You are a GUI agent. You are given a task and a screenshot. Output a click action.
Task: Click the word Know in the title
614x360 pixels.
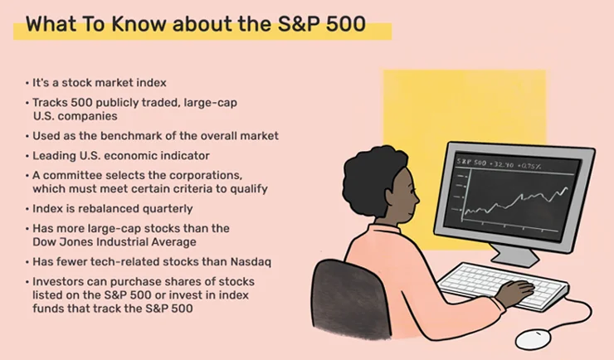139,24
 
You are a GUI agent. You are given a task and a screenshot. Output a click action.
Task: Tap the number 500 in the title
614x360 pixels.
346,24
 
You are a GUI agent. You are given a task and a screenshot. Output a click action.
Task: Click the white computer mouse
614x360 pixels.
533,339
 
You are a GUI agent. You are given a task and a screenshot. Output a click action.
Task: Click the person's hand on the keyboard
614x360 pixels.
515,293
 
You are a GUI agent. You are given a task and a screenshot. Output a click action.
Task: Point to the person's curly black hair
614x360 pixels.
372,176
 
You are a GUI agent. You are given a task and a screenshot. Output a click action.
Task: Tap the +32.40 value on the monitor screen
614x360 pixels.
501,164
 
